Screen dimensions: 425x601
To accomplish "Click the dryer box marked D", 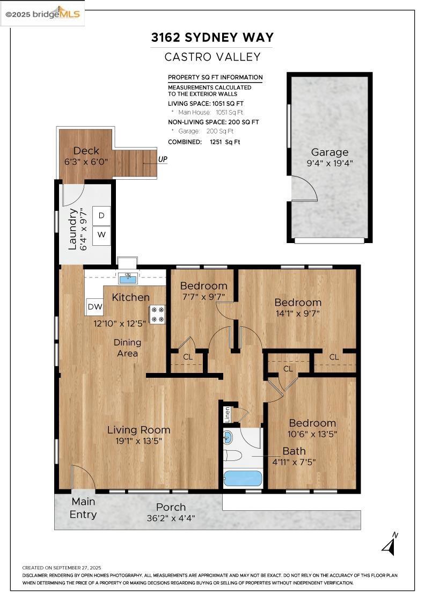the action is pyautogui.click(x=101, y=216).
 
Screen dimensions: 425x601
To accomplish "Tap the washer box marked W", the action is pyautogui.click(x=101, y=234).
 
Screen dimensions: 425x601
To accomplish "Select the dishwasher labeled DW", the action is pyautogui.click(x=95, y=306).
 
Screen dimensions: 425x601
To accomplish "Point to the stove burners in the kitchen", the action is pyautogui.click(x=157, y=314).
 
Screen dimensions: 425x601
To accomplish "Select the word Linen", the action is pyautogui.click(x=227, y=414).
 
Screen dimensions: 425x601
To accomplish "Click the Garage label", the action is pyautogui.click(x=329, y=152).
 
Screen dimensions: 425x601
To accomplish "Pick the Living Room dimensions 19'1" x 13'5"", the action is pyautogui.click(x=139, y=441).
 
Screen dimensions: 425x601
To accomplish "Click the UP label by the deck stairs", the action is pyautogui.click(x=163, y=159).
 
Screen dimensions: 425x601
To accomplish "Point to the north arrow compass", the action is pyautogui.click(x=390, y=544).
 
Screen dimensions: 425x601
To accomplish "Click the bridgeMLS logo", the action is pyautogui.click(x=42, y=14).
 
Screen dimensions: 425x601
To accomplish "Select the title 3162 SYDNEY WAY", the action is pyautogui.click(x=213, y=38).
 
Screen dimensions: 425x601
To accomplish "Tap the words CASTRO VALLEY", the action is pyautogui.click(x=213, y=57).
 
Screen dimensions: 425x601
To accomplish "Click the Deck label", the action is pyautogui.click(x=86, y=151).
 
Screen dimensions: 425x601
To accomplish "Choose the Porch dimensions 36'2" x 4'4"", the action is pyautogui.click(x=171, y=518).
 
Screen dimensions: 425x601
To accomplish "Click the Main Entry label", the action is pyautogui.click(x=83, y=508).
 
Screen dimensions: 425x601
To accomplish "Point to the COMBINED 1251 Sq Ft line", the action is pyautogui.click(x=204, y=142).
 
